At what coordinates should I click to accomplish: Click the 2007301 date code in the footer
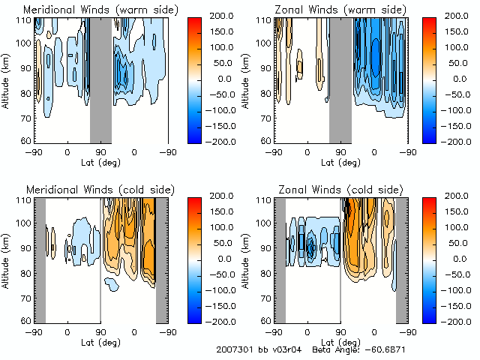pyautogui.click(x=233, y=350)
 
